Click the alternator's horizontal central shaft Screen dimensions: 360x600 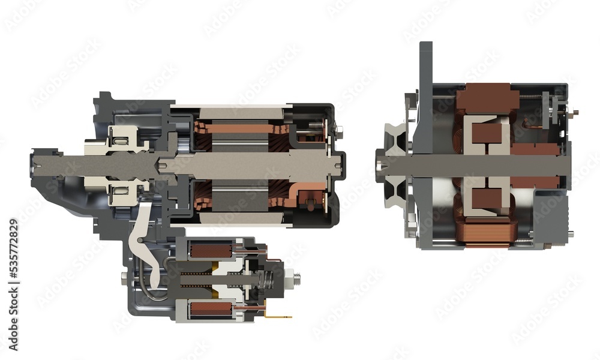pyautogui.click(x=480, y=161)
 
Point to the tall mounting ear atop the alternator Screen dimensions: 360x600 pyautogui.click(x=425, y=66)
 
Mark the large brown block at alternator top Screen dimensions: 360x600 pyautogui.click(x=487, y=98)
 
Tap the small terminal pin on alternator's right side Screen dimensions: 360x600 pyautogui.click(x=574, y=110)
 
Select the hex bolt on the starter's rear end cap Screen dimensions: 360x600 pyautogui.click(x=340, y=129)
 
